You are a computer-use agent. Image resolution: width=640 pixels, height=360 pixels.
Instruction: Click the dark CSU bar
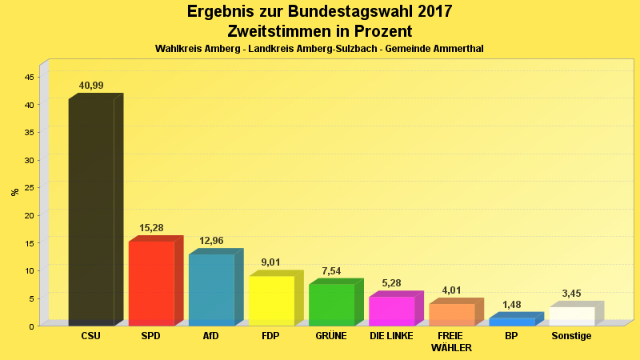tap(91, 212)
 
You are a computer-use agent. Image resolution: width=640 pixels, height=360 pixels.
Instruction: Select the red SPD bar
tap(151, 283)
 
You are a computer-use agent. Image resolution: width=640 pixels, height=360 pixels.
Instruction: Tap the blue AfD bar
tap(211, 290)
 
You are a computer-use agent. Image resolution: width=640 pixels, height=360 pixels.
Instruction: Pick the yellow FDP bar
tap(271, 301)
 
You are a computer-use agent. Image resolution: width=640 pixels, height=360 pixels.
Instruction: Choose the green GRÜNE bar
tap(331, 305)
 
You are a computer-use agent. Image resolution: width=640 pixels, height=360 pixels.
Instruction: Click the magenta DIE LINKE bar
tap(391, 311)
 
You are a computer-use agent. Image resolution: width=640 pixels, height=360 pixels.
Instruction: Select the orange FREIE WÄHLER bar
tap(451, 314)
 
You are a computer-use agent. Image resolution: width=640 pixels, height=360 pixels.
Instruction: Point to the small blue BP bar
tap(511, 322)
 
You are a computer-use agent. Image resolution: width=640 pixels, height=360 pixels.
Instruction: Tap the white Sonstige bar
tap(571, 316)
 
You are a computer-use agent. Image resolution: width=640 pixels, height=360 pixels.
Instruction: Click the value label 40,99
tap(91, 86)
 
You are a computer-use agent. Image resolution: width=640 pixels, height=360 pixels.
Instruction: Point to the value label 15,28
tap(151, 228)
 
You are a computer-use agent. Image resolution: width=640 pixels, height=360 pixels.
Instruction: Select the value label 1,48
tap(511, 305)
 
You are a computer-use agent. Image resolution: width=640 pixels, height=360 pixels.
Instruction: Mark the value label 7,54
tap(331, 271)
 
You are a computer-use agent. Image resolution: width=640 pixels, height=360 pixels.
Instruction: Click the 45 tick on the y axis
tap(29, 77)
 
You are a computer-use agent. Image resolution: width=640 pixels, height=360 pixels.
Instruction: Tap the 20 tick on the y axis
tap(29, 215)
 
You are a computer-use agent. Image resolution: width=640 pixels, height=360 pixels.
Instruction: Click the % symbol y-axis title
tap(14, 192)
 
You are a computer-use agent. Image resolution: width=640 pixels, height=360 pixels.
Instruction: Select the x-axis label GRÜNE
tap(331, 336)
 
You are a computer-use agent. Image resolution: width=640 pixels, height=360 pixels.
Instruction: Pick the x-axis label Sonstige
tap(571, 336)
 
